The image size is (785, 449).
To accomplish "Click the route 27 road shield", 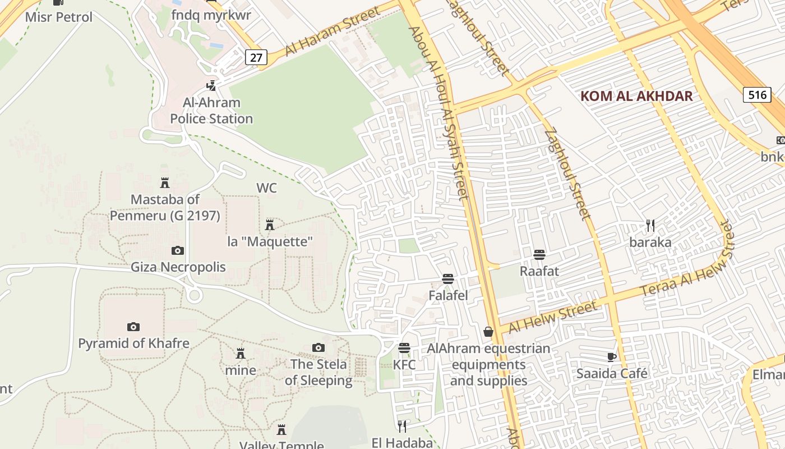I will coord(256,56).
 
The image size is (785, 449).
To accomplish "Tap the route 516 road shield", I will coord(757,94).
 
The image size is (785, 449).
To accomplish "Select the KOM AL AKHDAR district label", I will coord(636,96).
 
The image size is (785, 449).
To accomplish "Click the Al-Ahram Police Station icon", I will coord(211,86).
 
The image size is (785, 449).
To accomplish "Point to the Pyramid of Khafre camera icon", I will coord(133,327).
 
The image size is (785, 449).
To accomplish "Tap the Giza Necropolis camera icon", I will coord(178,250).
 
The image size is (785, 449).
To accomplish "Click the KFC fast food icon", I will coord(404,348).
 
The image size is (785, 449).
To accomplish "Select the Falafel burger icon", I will coord(447,278).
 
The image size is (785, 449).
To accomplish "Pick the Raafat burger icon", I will coord(539,255).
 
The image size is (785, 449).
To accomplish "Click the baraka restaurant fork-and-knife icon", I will coord(650,226).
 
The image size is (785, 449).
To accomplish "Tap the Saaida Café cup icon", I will coord(612,357).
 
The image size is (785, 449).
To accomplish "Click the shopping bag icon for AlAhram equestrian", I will coord(488,332).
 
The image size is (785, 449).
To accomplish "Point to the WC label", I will coord(267,188).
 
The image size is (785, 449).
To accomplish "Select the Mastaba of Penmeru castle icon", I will coord(165,183).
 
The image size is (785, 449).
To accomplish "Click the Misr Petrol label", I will coord(59,17).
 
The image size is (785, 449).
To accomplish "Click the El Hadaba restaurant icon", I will coord(401,427).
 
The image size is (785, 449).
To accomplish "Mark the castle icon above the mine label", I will coord(241,354).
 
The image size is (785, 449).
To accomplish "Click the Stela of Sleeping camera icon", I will coord(318,348).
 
